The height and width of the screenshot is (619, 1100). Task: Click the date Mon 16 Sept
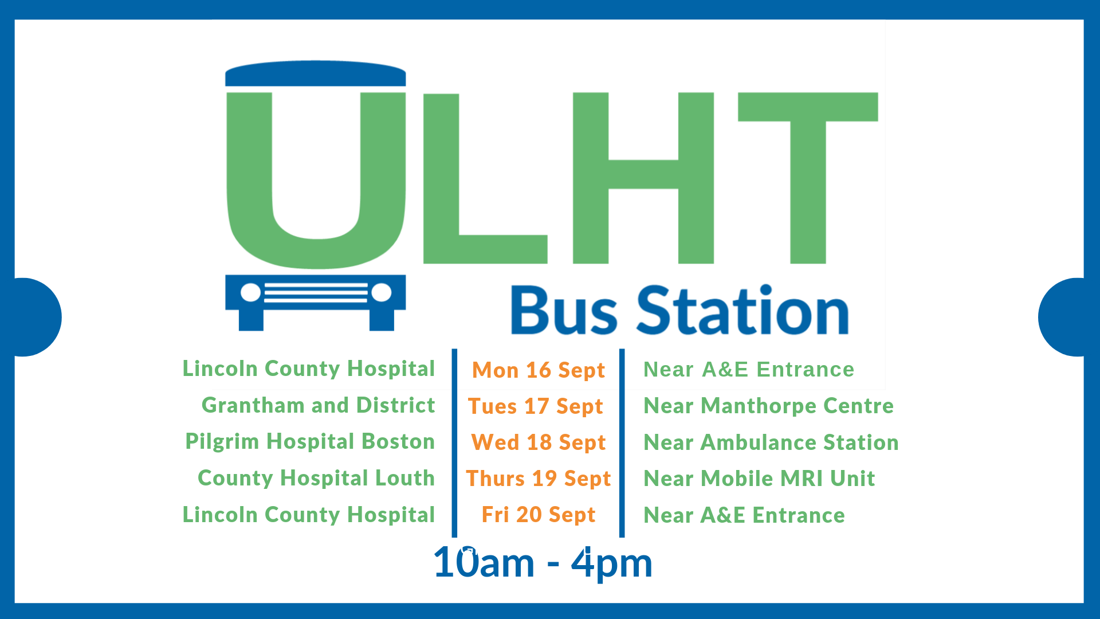click(x=538, y=370)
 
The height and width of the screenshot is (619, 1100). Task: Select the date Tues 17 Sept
click(x=535, y=406)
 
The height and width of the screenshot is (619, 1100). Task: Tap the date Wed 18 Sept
click(x=538, y=442)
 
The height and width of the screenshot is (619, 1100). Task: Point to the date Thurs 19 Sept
click(x=538, y=479)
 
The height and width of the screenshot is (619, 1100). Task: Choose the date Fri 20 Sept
click(x=538, y=515)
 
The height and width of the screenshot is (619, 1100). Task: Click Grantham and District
click(x=318, y=405)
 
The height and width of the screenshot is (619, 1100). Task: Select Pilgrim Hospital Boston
click(x=310, y=442)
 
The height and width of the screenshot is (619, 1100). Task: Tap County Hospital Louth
click(x=316, y=478)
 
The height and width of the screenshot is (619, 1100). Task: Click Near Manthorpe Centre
click(x=768, y=406)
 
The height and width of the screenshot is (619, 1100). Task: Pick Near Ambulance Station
click(x=771, y=442)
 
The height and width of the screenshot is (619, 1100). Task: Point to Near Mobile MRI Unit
click(x=759, y=479)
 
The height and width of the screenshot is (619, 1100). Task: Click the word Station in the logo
click(x=742, y=310)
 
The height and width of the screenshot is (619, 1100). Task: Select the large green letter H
click(x=643, y=178)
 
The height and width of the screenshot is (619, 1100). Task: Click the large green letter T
click(x=808, y=178)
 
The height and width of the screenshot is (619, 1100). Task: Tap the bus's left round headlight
click(x=250, y=293)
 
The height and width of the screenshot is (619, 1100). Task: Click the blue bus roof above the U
click(x=316, y=73)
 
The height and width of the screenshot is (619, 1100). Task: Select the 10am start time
click(x=484, y=563)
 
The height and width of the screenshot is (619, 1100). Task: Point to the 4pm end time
click(x=612, y=564)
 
